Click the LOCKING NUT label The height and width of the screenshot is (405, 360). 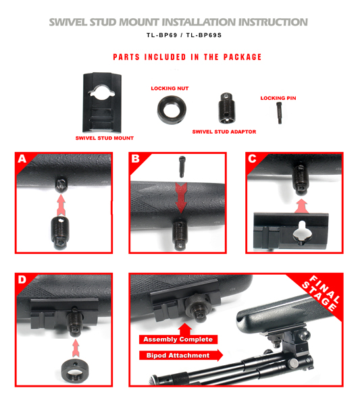[x=170, y=88]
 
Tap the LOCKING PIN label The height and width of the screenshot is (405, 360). [x=278, y=98]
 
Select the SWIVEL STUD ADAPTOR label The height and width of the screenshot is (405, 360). [x=224, y=132]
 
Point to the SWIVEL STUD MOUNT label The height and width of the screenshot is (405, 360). [x=105, y=138]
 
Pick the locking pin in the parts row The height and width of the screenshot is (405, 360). [x=280, y=113]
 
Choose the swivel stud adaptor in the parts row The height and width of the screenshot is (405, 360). [x=227, y=108]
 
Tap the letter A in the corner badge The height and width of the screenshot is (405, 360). [x=22, y=159]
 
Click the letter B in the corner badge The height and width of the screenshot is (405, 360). [x=135, y=159]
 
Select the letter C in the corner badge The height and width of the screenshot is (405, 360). [x=252, y=159]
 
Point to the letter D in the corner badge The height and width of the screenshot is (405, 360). [x=22, y=279]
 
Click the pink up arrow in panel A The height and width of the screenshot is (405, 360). [x=61, y=205]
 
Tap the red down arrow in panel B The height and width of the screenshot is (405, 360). [x=181, y=198]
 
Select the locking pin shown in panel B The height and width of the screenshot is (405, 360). [x=182, y=167]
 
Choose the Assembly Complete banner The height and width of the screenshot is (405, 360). [x=178, y=340]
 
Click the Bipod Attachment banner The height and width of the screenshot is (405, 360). [x=180, y=356]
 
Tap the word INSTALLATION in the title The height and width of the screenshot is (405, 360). [x=199, y=22]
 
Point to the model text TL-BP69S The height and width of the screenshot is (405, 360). [x=204, y=35]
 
